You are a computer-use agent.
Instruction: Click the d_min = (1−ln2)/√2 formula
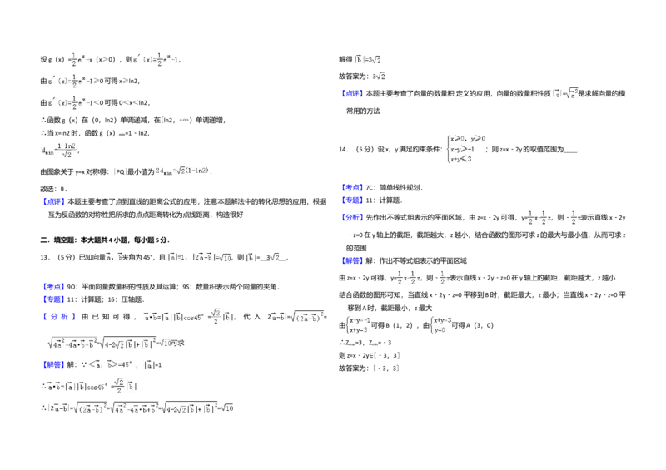click(x=59, y=149)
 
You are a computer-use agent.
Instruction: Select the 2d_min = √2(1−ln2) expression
click(x=183, y=172)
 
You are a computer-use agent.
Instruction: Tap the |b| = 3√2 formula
click(x=366, y=59)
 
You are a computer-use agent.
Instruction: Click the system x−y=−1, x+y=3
click(x=360, y=325)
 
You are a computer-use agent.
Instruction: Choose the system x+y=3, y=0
click(x=440, y=325)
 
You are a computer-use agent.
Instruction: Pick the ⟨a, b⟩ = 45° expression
click(x=112, y=365)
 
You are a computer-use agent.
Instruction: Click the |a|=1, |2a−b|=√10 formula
click(x=198, y=258)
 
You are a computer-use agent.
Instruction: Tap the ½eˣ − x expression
click(x=81, y=59)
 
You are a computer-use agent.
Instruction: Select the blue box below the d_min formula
click(x=53, y=200)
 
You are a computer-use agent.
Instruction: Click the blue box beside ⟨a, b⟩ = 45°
click(x=53, y=365)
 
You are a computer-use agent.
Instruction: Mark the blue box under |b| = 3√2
click(x=352, y=93)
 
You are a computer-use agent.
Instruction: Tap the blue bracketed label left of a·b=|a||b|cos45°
click(x=59, y=318)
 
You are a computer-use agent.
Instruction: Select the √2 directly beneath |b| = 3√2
click(x=380, y=77)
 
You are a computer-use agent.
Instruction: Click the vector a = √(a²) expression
click(x=567, y=93)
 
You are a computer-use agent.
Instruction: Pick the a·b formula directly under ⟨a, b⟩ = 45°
click(x=92, y=386)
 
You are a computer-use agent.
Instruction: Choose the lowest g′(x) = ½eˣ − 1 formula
click(x=73, y=103)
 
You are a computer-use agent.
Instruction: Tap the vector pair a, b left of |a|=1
click(x=112, y=258)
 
